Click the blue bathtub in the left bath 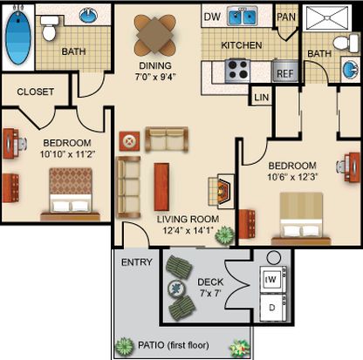pos(17,37)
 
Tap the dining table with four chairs pos(154,35)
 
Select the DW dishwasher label pos(212,17)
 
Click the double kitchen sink pos(243,16)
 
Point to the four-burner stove pos(238,71)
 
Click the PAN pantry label pos(286,17)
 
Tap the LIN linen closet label pos(262,98)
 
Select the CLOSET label pos(36,92)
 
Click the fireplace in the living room pos(222,191)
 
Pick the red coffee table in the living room pos(161,187)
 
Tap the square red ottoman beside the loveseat pos(129,141)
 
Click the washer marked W pos(273,279)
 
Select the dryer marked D pos(273,308)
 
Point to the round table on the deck pos(176,289)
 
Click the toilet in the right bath pos(346,44)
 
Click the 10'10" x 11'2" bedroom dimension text pos(67,154)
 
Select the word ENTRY pos(137,262)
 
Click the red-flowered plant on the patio pos(240,347)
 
